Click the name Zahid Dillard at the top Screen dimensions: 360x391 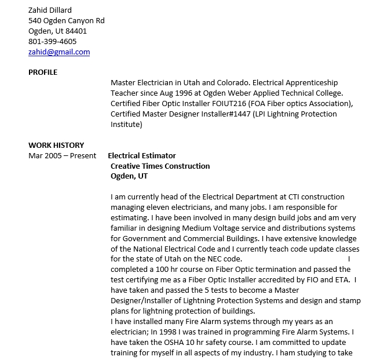coord(50,10)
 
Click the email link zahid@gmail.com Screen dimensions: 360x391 coord(59,52)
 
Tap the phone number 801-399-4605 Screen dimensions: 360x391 coord(52,42)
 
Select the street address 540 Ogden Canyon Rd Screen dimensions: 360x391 coord(67,21)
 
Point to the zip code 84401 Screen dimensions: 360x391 coord(76,31)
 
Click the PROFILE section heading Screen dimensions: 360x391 coord(43,72)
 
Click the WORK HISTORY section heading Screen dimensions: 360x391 coord(56,146)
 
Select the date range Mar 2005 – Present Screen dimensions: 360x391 coord(63,156)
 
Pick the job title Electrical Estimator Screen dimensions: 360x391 coord(142,156)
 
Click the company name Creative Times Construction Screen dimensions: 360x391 coord(160,166)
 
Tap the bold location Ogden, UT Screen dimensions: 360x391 coord(129,176)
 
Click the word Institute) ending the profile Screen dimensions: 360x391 coord(126,125)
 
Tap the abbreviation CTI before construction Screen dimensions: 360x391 coord(297,197)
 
